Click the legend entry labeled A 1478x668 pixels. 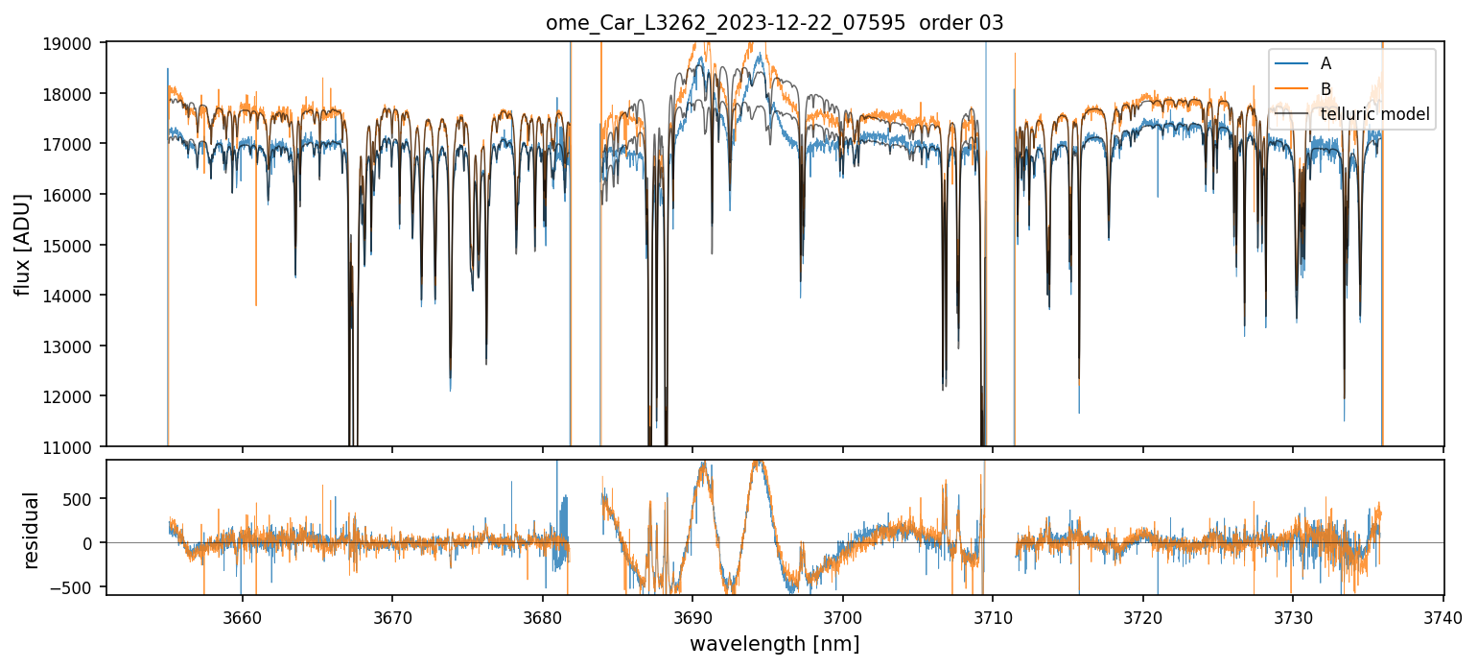click(1326, 63)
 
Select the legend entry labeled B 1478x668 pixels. click(1326, 89)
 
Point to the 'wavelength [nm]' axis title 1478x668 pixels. click(774, 643)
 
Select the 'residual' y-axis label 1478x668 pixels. click(32, 530)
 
